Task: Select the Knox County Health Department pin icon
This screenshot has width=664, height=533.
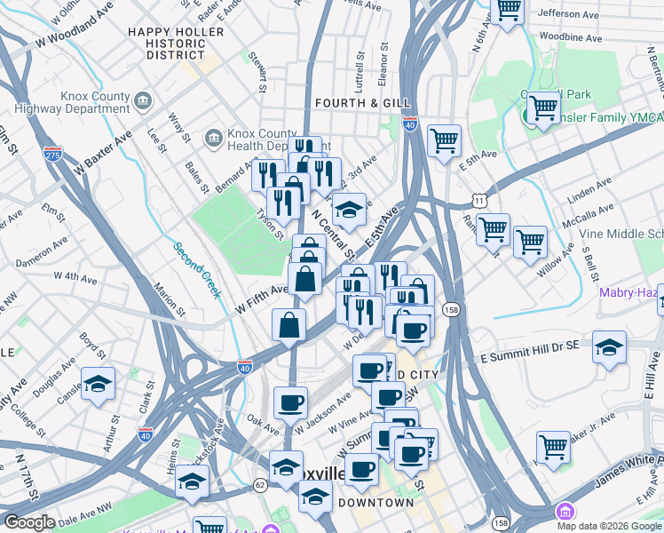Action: pyautogui.click(x=214, y=138)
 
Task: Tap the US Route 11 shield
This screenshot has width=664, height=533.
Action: pyautogui.click(x=479, y=202)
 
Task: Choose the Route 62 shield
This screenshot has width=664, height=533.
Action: pyautogui.click(x=260, y=485)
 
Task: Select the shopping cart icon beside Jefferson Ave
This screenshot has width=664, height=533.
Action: pyautogui.click(x=509, y=11)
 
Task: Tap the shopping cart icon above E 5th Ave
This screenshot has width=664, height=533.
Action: pyautogui.click(x=444, y=140)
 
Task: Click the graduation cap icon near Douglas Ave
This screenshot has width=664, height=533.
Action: pyautogui.click(x=99, y=385)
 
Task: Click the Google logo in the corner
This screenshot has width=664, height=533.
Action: pyautogui.click(x=28, y=522)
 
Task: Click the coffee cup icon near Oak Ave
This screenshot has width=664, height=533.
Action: pyautogui.click(x=290, y=403)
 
